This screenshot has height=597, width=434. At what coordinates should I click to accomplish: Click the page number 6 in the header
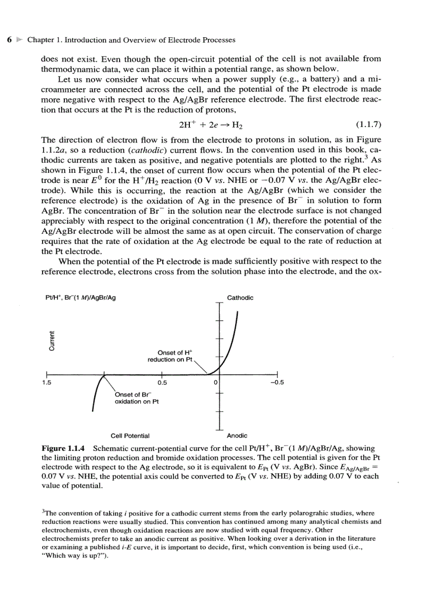tap(9, 40)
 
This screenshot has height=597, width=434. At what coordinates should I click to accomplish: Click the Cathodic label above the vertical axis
tap(240, 298)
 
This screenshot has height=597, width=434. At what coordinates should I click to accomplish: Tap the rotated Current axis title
tap(52, 341)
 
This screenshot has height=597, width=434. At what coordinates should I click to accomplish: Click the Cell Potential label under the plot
tap(130, 435)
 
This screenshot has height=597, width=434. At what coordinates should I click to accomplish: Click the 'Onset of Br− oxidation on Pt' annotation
tap(136, 398)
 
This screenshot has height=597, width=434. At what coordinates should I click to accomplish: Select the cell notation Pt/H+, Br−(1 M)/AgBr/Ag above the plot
tap(81, 298)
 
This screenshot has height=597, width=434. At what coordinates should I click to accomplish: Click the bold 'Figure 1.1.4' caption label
tap(64, 449)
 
